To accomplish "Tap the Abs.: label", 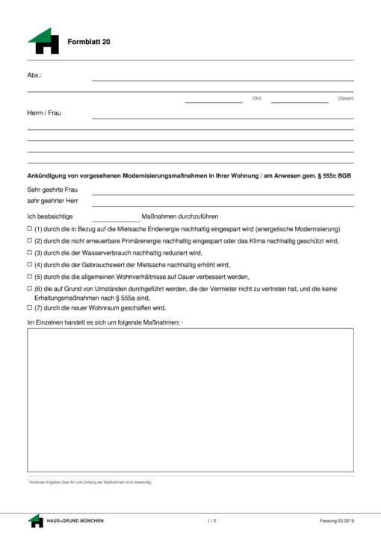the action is (34, 75).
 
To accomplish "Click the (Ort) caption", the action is (256, 98).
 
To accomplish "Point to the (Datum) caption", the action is (345, 98).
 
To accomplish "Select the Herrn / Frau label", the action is (43, 113).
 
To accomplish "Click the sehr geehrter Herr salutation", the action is (52, 201).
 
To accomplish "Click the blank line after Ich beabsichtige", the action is (115, 216).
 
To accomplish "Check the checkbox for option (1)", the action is (29, 228).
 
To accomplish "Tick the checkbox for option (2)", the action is (29, 241).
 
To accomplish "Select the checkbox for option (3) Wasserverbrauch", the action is (29, 253).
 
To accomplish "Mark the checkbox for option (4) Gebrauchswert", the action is (29, 265).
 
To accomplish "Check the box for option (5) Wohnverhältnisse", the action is (29, 277).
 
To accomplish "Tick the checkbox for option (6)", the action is (29, 289).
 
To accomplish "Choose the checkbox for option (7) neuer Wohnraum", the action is (29, 307).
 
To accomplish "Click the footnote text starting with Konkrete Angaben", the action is (90, 483).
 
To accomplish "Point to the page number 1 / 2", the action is (211, 520).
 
